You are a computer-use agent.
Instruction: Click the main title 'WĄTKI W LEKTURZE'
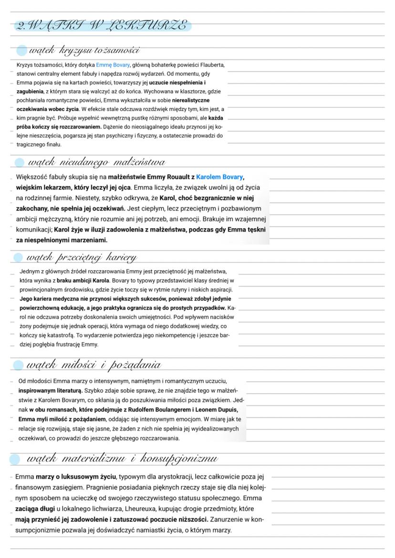coord(101,25)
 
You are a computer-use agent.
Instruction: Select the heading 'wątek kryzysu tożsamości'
coord(84,50)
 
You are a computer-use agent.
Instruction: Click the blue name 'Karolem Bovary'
coord(219,177)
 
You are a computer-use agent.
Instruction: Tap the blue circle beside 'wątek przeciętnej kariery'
coord(18,258)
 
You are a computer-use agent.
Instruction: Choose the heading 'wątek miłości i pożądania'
coord(94,365)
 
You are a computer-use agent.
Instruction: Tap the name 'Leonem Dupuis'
coord(217,409)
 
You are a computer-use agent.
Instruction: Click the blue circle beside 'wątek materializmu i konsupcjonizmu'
coord(15,459)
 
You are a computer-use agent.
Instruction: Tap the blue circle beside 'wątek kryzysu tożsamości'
coord(21,51)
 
